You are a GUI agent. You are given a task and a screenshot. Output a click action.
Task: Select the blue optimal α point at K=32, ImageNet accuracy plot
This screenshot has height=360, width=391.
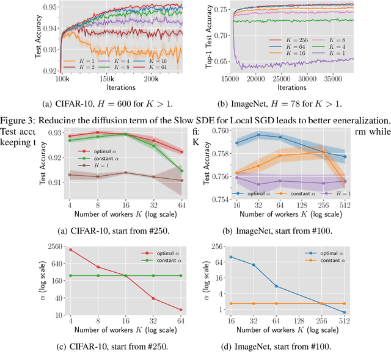coord(258,135)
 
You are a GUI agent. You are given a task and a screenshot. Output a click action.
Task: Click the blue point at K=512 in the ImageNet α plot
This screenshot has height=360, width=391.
coord(345,312)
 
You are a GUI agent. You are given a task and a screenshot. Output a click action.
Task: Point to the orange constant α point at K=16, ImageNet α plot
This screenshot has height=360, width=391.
coord(236,303)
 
